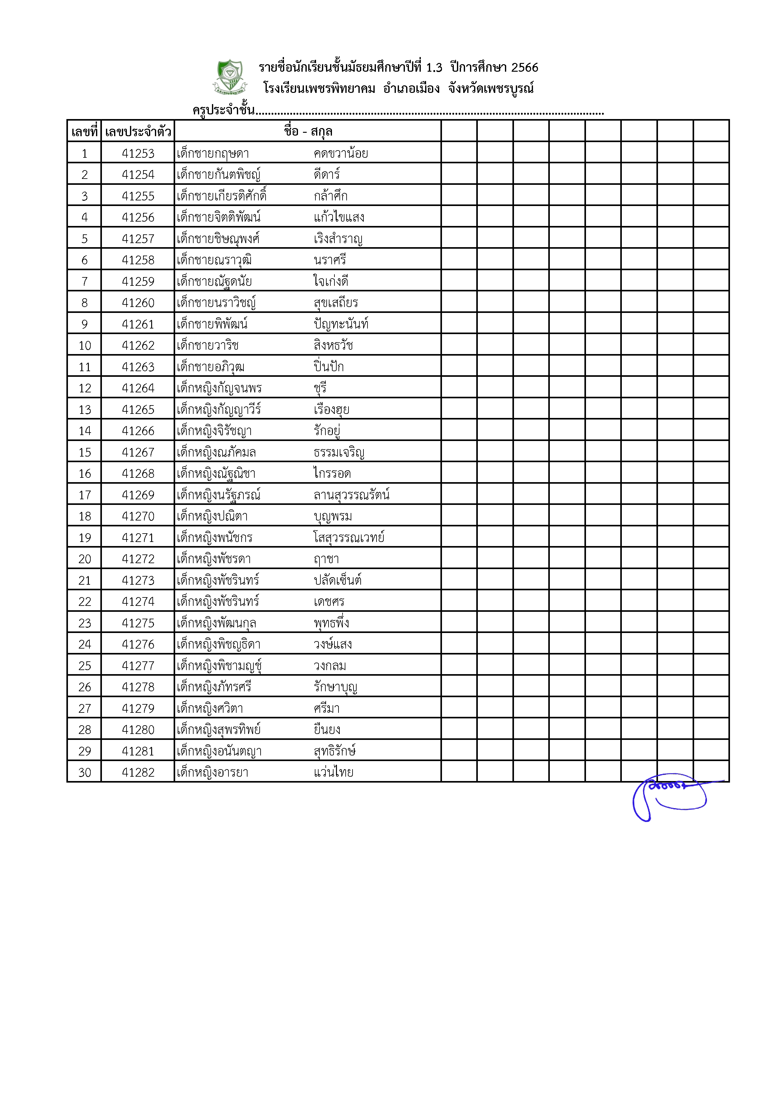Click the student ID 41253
138,153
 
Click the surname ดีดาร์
327,175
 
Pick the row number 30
85,772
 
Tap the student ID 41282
138,772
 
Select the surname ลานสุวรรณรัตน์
351,495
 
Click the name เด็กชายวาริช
208,346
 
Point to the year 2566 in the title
525,68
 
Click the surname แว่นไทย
333,772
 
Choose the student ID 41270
138,516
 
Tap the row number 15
85,452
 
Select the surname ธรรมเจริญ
339,452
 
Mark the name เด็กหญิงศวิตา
210,708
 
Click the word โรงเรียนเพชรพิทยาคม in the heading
319,89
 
